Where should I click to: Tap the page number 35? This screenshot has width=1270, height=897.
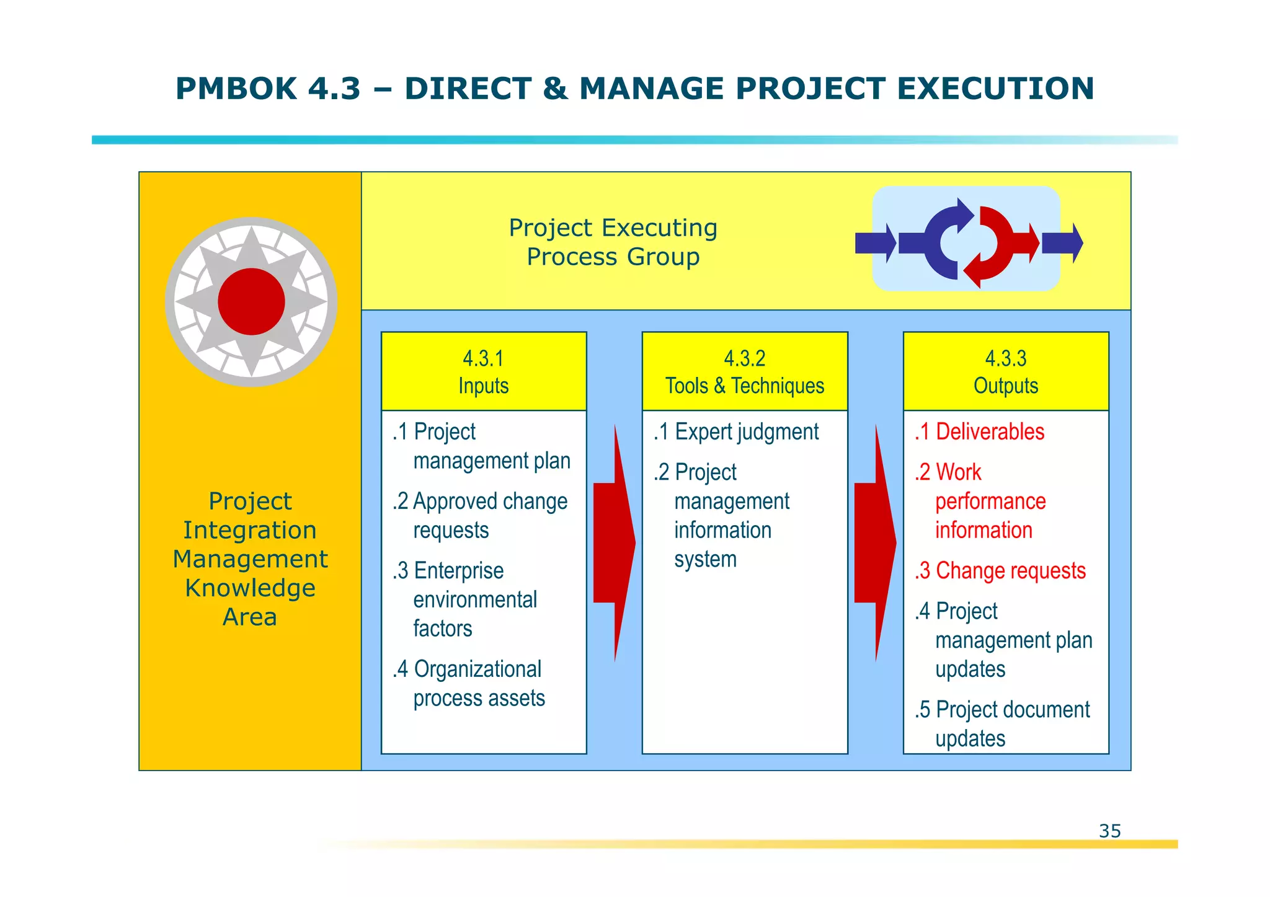[x=1109, y=831]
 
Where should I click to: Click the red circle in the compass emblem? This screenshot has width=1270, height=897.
[x=251, y=302]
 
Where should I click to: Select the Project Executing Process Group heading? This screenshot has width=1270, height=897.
[x=613, y=242]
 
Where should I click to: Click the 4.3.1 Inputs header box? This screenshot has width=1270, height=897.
[x=484, y=371]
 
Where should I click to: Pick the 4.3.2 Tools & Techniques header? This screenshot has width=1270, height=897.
[x=745, y=371]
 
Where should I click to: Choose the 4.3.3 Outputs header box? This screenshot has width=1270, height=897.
[x=1005, y=371]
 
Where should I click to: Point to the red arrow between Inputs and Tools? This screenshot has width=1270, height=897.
[x=613, y=543]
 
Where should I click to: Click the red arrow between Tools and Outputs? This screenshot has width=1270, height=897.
[x=874, y=543]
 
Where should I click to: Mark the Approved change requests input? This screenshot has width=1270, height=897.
[x=480, y=516]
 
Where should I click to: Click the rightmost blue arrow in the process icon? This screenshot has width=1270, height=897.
[x=1062, y=243]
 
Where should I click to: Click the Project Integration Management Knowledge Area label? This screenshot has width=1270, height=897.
[x=250, y=559]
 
